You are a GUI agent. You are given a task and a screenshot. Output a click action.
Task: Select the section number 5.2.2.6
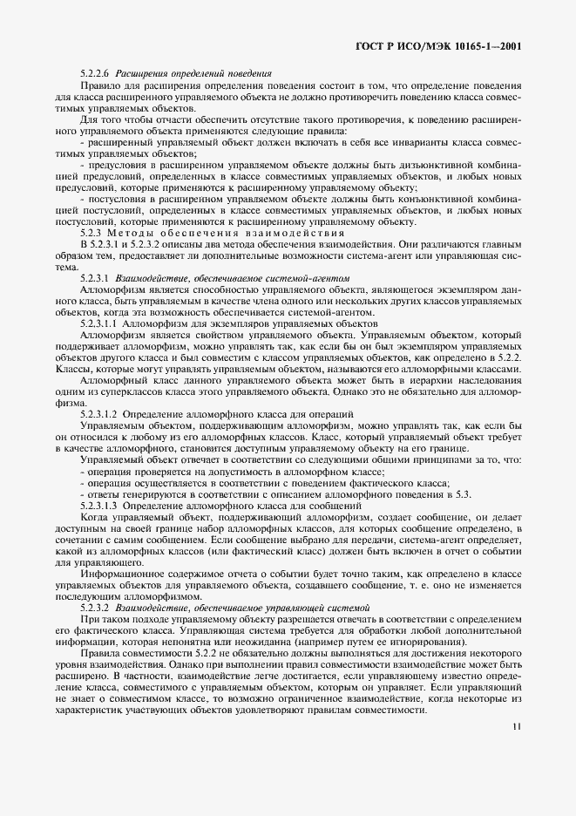96,74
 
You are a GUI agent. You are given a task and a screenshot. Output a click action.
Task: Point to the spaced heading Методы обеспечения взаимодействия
234,233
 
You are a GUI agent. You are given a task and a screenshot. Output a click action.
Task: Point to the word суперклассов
136,391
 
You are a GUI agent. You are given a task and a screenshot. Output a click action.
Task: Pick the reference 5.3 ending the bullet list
463,494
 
